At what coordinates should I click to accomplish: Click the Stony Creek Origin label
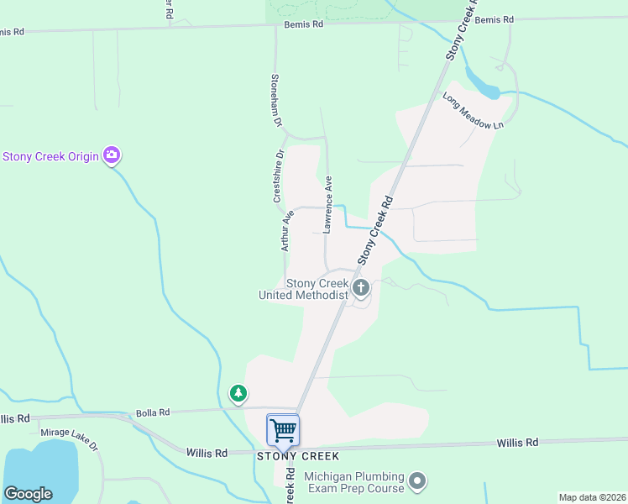51,156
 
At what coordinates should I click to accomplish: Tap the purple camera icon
112,155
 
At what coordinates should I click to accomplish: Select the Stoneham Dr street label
275,99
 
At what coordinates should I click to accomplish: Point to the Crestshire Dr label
279,176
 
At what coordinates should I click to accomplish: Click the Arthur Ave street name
287,230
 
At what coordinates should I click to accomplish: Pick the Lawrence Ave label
328,204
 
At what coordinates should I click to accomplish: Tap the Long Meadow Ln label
473,110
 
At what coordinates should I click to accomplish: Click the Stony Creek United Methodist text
303,290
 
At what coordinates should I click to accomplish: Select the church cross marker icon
361,289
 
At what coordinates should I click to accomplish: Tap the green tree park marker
238,392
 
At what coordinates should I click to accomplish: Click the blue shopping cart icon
283,429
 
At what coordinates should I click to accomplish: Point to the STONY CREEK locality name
298,456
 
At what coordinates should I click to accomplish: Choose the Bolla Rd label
153,412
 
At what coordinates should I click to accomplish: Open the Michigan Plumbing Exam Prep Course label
356,482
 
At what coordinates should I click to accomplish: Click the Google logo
28,494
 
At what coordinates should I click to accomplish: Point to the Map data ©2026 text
591,497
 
